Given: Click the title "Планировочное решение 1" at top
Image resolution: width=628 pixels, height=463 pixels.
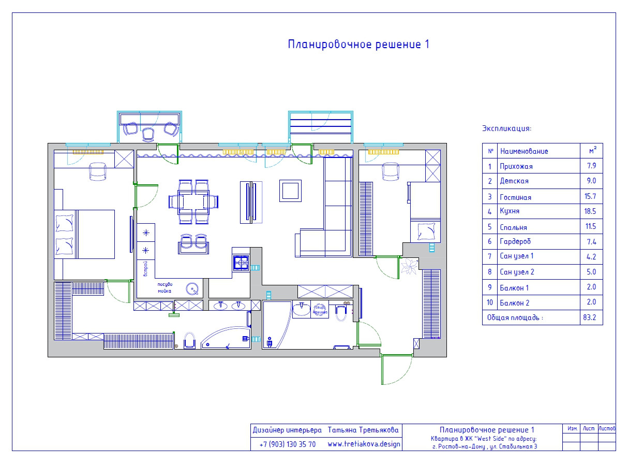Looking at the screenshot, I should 358,45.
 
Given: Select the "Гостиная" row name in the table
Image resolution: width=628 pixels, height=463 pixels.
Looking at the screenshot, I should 515,197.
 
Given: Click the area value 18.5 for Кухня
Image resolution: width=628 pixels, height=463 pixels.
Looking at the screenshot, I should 591,211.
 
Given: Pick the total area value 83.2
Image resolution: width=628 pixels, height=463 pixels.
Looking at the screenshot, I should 590,318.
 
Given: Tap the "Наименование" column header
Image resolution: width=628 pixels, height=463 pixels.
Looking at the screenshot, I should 524,151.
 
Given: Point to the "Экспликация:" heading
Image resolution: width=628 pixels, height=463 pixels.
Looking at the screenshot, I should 506,128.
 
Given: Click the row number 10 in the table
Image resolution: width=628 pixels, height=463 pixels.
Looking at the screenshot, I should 489,302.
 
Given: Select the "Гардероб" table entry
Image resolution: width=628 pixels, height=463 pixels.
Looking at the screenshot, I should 515,241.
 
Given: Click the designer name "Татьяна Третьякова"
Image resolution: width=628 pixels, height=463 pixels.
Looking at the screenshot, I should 363,430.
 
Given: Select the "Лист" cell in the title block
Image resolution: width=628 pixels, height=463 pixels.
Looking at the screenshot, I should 588,428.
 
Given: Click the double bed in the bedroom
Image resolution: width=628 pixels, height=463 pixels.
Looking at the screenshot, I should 85,234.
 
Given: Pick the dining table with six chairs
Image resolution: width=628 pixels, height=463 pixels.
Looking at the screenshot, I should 193,201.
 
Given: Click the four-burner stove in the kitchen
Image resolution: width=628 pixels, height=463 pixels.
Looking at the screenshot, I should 241,263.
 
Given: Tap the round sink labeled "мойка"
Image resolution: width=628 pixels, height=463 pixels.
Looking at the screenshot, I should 193,289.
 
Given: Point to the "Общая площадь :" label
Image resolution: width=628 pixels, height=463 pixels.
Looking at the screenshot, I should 515,318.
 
